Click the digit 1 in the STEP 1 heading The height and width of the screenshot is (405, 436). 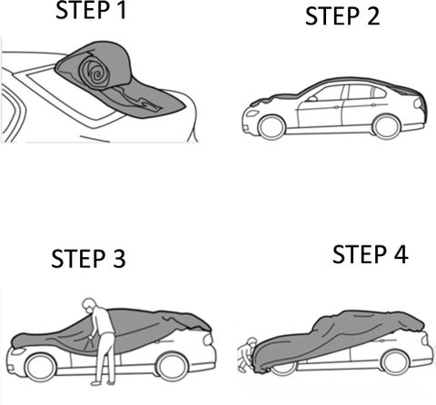pyautogui.click(x=121, y=10)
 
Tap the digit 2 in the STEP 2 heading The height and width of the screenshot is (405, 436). pyautogui.click(x=373, y=16)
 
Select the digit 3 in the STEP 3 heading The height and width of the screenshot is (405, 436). pyautogui.click(x=119, y=259)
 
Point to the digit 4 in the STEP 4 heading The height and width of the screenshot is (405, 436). pyautogui.click(x=401, y=254)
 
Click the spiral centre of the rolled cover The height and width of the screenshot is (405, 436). pyautogui.click(x=98, y=74)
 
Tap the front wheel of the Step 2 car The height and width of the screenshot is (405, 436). pyautogui.click(x=272, y=127)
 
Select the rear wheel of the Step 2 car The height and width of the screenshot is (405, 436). pyautogui.click(x=386, y=126)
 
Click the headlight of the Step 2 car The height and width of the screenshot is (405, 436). pyautogui.click(x=252, y=114)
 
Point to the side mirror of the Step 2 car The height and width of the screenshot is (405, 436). pyautogui.click(x=312, y=98)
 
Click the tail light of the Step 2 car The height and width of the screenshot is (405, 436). pyautogui.click(x=419, y=103)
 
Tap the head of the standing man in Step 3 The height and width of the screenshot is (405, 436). pyautogui.click(x=89, y=306)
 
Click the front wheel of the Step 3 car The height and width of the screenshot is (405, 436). pyautogui.click(x=41, y=368)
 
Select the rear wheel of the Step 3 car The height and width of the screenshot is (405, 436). pyautogui.click(x=173, y=367)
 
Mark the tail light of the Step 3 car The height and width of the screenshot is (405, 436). pyautogui.click(x=208, y=340)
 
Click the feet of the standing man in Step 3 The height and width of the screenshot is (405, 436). pyautogui.click(x=104, y=383)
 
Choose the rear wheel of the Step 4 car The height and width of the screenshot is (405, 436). pyautogui.click(x=395, y=361)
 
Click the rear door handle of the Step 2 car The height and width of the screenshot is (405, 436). pyautogui.click(x=373, y=105)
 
